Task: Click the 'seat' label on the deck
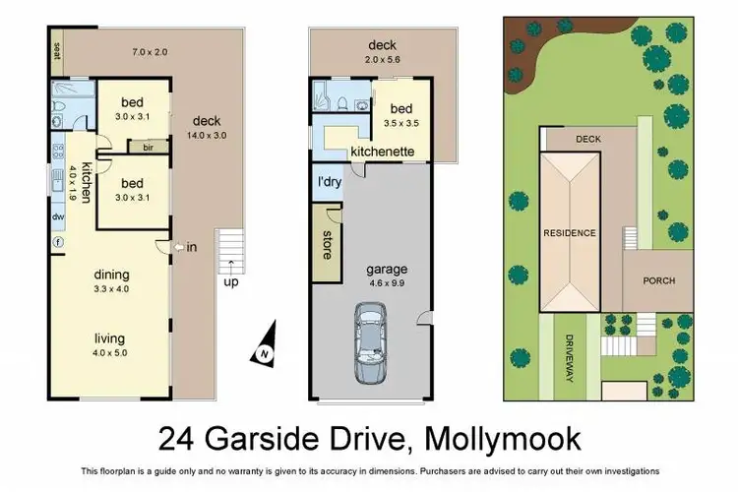(56, 50)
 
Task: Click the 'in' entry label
(192, 247)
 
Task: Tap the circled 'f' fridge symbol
(58, 242)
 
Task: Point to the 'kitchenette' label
(383, 153)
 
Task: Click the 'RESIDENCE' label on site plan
(570, 233)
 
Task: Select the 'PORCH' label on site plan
(658, 280)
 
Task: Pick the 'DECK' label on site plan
(587, 140)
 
